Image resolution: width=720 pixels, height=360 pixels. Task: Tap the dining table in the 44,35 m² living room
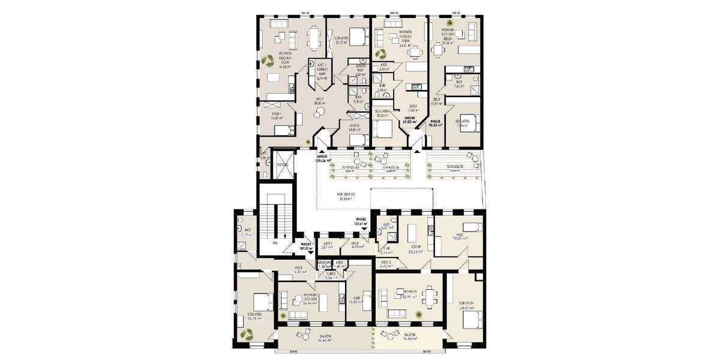pyautogui.click(x=314, y=38)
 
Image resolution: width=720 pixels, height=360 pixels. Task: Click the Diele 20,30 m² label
pyautogui.click(x=319, y=101)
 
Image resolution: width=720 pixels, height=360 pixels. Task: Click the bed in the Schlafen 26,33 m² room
pyautogui.click(x=260, y=300)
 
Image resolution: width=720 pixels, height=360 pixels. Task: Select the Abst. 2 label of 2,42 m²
pyautogui.click(x=386, y=264)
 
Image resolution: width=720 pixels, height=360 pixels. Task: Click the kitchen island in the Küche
pyautogui.click(x=413, y=233)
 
